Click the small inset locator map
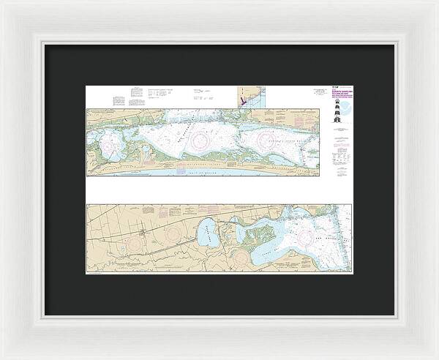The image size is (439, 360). (x=247, y=98)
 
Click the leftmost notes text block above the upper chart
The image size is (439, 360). (x=119, y=100)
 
